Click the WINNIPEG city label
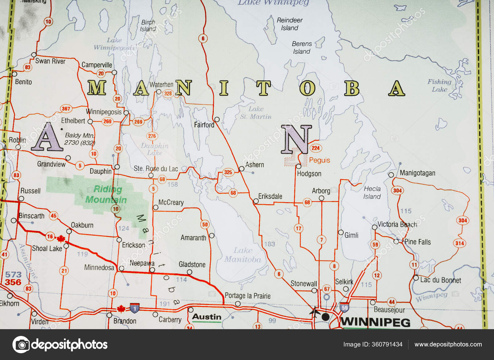[x=375, y=322]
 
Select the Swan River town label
[x=50, y=61]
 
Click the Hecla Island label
[x=372, y=192]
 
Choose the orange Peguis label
[x=320, y=160]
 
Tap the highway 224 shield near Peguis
[x=316, y=148]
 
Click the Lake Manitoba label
[x=243, y=255]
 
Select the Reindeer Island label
[x=289, y=24]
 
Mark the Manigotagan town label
[x=417, y=173]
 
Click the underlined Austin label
[x=207, y=317]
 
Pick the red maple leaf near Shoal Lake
[x=61, y=238]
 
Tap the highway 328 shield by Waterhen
[x=168, y=93]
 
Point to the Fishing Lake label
[x=439, y=85]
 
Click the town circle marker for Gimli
[x=341, y=232]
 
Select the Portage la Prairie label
[x=247, y=296]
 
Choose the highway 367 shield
[x=66, y=109]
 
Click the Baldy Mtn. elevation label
[x=80, y=139]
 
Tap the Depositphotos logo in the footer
[x=60, y=345]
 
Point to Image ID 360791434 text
[x=373, y=345]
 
